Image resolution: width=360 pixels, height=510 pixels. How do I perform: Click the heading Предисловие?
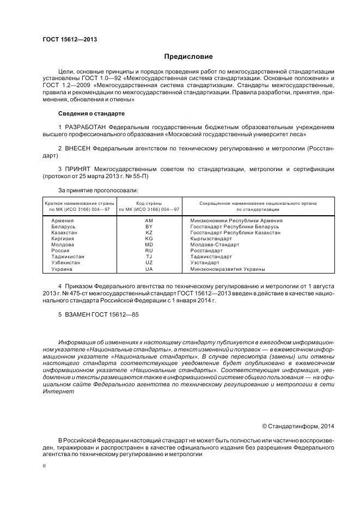[188, 57]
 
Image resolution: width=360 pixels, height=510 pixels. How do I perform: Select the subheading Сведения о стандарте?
[91, 113]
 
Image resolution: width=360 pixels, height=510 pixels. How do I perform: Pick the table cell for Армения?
[62, 220]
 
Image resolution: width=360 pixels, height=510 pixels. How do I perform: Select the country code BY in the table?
[149, 226]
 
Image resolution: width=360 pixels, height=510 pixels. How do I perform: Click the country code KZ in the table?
[149, 233]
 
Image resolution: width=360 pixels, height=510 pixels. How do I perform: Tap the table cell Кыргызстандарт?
[211, 239]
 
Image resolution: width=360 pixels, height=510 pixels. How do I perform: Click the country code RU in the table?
[149, 251]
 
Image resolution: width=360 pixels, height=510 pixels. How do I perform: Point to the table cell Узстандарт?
[204, 263]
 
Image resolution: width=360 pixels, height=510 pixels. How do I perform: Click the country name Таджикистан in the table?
[68, 257]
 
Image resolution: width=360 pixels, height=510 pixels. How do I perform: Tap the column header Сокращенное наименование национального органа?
[258, 203]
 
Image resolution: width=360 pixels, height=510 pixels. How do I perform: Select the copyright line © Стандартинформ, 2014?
[298, 426]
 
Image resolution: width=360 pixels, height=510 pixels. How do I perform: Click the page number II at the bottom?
[44, 466]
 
